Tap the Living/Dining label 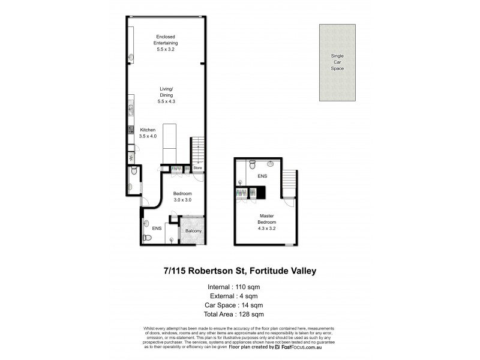pyautogui.click(x=165, y=96)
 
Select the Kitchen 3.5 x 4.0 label pyautogui.click(x=148, y=133)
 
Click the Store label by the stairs pyautogui.click(x=197, y=169)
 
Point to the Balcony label pyautogui.click(x=193, y=231)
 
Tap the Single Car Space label pyautogui.click(x=337, y=62)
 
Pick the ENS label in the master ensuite pyautogui.click(x=262, y=177)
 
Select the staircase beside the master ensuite pyautogui.click(x=289, y=183)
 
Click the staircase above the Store pyautogui.click(x=197, y=150)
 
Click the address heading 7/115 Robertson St pyautogui.click(x=239, y=271)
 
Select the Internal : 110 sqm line pyautogui.click(x=233, y=287)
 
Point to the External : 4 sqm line pyautogui.click(x=233, y=296)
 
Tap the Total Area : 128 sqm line pyautogui.click(x=233, y=314)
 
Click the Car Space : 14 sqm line pyautogui.click(x=233, y=305)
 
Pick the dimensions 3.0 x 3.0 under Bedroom pyautogui.click(x=182, y=200)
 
